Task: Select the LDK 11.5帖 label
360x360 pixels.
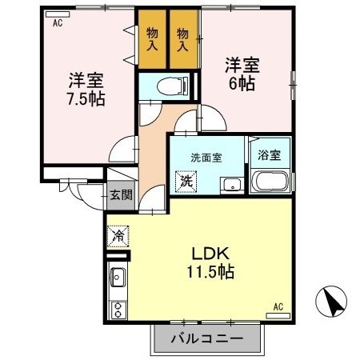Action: (206, 263)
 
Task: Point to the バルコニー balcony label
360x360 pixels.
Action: (207, 338)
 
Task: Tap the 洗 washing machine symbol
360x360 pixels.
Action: (186, 182)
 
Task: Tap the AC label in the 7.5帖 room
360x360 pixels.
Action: (58, 24)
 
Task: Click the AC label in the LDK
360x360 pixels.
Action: (278, 306)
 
